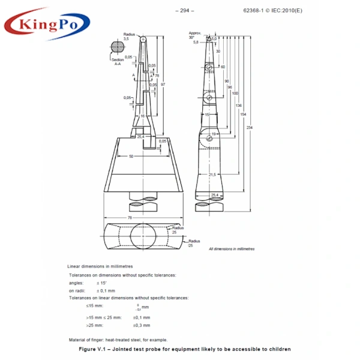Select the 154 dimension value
(243, 114)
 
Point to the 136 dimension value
(239, 106)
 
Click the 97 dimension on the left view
(163, 84)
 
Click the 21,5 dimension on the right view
(212, 175)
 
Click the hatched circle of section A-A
(118, 47)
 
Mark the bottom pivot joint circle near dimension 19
(208, 139)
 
